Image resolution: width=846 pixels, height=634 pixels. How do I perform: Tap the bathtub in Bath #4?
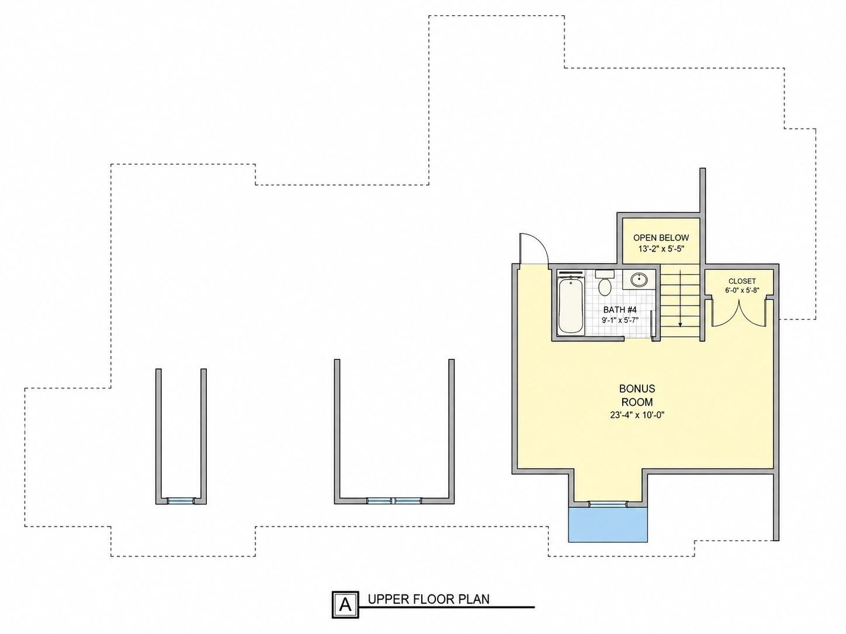pyautogui.click(x=571, y=305)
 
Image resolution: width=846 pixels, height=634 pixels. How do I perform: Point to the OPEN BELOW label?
pyautogui.click(x=661, y=238)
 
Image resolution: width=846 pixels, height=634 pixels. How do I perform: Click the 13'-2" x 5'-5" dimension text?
pyautogui.click(x=661, y=249)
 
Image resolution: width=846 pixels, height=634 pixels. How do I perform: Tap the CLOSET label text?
pyautogui.click(x=742, y=281)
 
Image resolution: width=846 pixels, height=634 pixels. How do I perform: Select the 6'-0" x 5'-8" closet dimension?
pyautogui.click(x=742, y=290)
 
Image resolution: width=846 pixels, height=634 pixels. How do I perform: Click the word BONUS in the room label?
pyautogui.click(x=637, y=388)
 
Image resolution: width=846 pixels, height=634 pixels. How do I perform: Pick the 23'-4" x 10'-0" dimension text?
pyautogui.click(x=637, y=415)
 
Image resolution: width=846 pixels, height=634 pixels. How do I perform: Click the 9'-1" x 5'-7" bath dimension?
pyautogui.click(x=620, y=320)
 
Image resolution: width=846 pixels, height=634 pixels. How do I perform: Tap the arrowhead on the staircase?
pyautogui.click(x=680, y=325)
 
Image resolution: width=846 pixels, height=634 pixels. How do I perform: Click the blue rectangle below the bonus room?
pyautogui.click(x=608, y=525)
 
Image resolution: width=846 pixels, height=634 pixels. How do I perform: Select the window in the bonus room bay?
pyautogui.click(x=608, y=504)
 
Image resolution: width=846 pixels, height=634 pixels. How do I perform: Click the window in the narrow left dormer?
pyautogui.click(x=181, y=501)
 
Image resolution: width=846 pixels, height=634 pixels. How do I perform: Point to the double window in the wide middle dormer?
pyautogui.click(x=394, y=501)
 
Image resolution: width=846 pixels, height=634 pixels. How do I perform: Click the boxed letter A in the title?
pyautogui.click(x=345, y=605)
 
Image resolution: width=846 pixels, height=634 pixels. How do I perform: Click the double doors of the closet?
pyautogui.click(x=739, y=313)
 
